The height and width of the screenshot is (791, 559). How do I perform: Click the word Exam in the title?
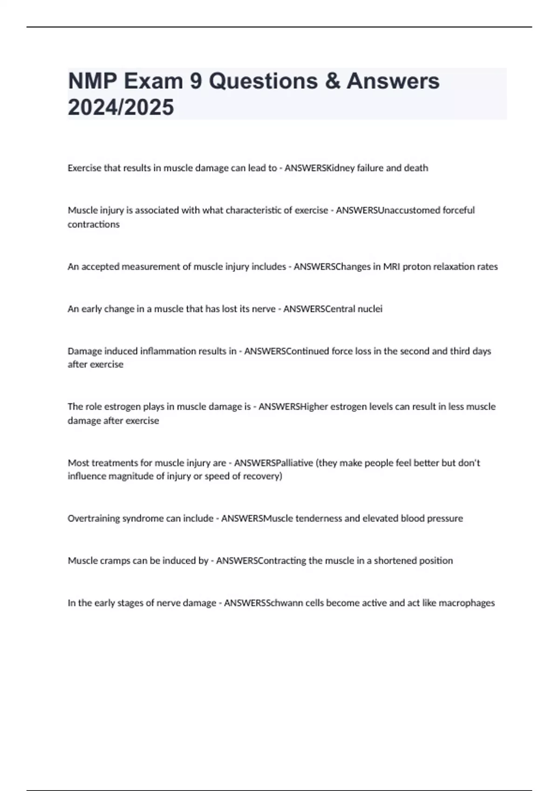153,81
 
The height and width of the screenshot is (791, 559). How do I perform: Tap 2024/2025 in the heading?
121,107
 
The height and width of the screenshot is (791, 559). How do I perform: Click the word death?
416,168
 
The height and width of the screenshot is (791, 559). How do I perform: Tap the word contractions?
94,224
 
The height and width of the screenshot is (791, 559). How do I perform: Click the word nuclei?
370,309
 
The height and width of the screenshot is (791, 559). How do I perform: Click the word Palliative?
294,463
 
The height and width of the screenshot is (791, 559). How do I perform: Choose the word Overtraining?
94,518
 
